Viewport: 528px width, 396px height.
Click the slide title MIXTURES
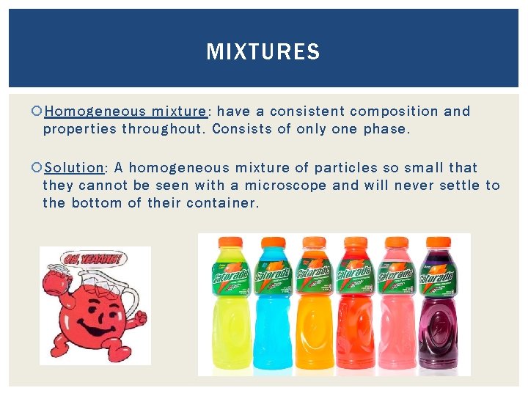tap(263, 52)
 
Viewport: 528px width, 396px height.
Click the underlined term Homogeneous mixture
tap(125, 111)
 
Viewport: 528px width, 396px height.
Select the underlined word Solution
tap(74, 168)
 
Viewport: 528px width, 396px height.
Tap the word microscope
tap(286, 186)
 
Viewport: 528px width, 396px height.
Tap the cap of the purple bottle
tap(438, 243)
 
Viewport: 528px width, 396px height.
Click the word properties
tap(79, 129)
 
